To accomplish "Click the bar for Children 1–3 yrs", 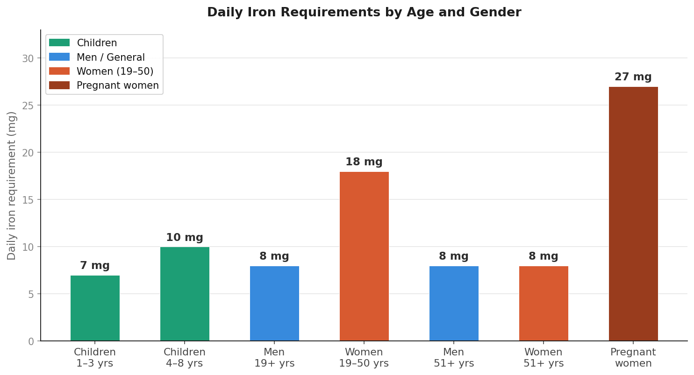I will [x=95, y=308].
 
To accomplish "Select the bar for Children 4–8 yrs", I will [x=185, y=294].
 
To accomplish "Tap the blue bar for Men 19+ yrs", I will [x=274, y=304].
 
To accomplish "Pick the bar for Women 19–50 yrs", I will [x=364, y=256].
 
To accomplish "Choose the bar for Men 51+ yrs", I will [x=454, y=304].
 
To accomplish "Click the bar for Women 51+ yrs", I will [x=544, y=304].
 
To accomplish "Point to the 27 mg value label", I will [x=633, y=77].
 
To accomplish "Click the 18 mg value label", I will [x=364, y=162].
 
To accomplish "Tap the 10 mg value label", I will [x=184, y=238].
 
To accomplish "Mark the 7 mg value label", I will [x=94, y=266].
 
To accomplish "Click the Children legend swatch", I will [x=59, y=43].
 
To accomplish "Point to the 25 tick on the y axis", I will [x=28, y=106].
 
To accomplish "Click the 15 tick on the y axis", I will [x=28, y=200].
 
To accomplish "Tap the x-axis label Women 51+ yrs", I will [x=544, y=358].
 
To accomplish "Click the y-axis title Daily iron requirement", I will [x=12, y=185].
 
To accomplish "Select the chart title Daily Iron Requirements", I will [x=364, y=13].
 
